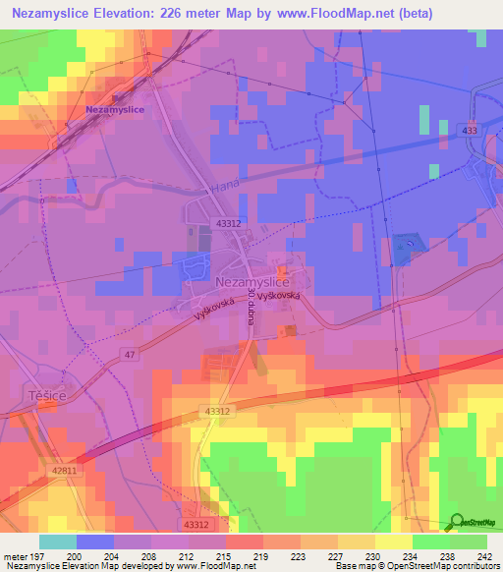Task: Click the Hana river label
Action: pos(225,186)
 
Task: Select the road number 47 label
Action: pos(131,353)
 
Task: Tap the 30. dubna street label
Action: pos(253,306)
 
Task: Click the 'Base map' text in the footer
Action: pos(352,566)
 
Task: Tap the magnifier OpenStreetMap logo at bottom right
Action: pos(456,523)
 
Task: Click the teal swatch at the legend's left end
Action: pos(57,542)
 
